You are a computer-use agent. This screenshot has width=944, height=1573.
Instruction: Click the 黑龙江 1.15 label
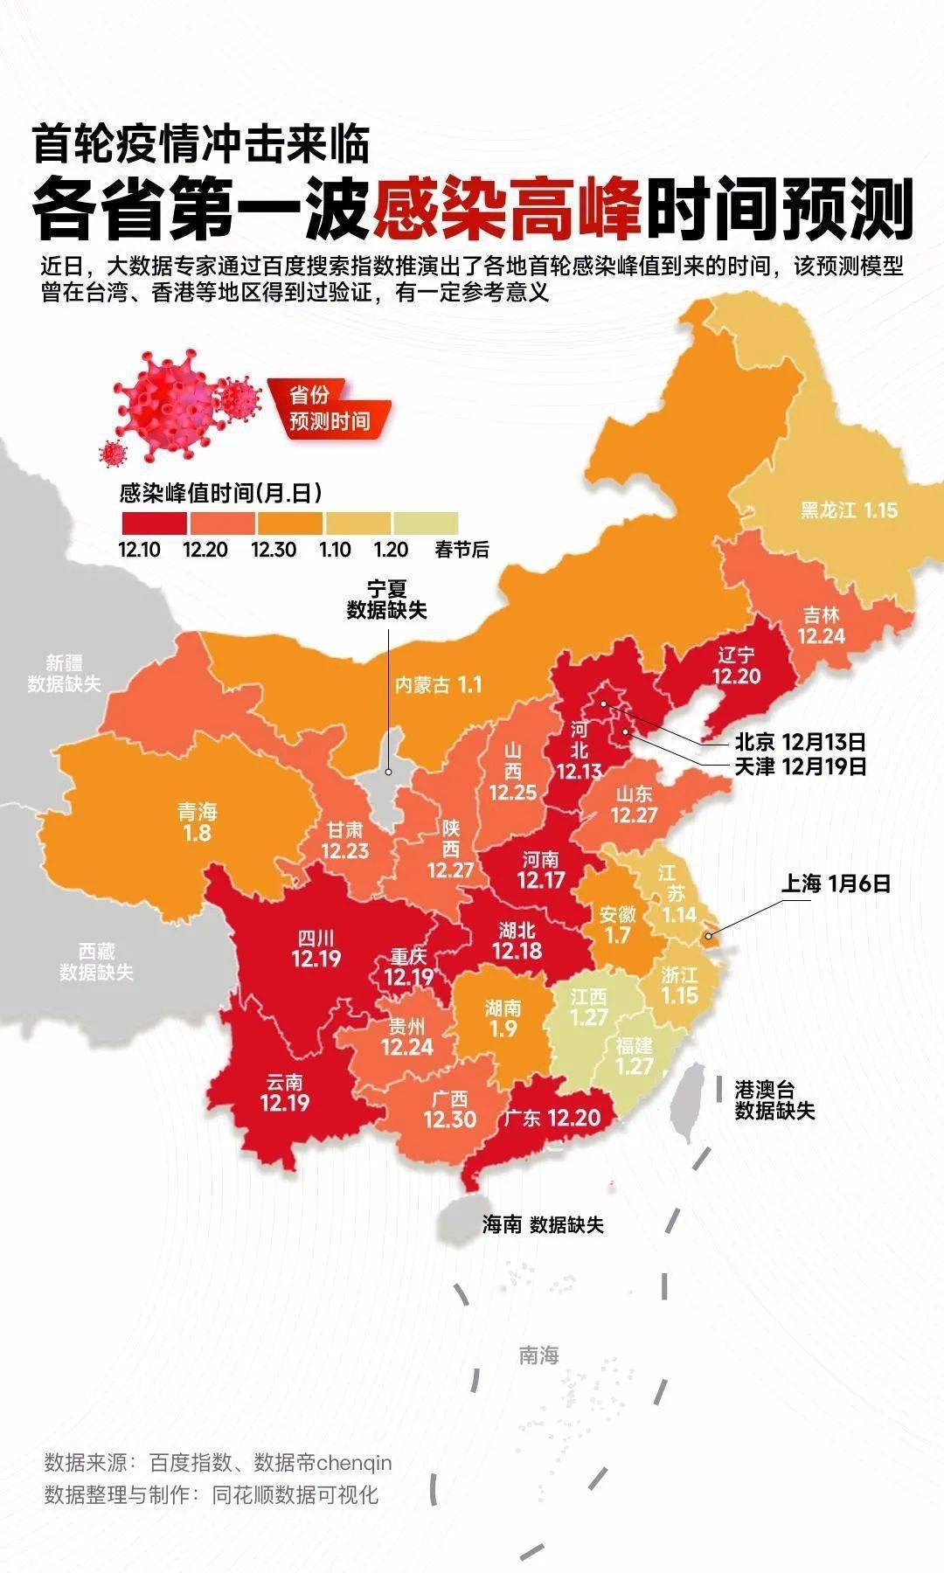[x=849, y=509]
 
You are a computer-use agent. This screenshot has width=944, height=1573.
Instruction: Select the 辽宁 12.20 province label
[x=736, y=666]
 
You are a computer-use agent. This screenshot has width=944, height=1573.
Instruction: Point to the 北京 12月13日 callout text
[x=800, y=742]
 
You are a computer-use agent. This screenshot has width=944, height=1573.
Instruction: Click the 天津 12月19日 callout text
[x=800, y=766]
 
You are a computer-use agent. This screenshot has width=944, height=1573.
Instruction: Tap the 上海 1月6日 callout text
[x=836, y=884]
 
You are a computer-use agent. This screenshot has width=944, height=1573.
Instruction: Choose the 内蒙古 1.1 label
[x=438, y=684]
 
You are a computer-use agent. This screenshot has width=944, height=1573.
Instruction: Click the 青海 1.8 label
[x=198, y=821]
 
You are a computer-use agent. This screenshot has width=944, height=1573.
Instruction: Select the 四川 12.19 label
[x=316, y=949]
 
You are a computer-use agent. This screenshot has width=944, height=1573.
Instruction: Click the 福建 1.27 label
[x=635, y=1057]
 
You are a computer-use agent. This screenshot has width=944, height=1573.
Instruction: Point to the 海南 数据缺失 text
[x=543, y=1224]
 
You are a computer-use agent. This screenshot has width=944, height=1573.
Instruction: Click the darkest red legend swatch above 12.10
[x=153, y=523]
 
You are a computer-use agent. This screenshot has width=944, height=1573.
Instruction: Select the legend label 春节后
[x=462, y=550]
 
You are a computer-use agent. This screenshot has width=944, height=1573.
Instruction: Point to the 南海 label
[x=538, y=1355]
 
